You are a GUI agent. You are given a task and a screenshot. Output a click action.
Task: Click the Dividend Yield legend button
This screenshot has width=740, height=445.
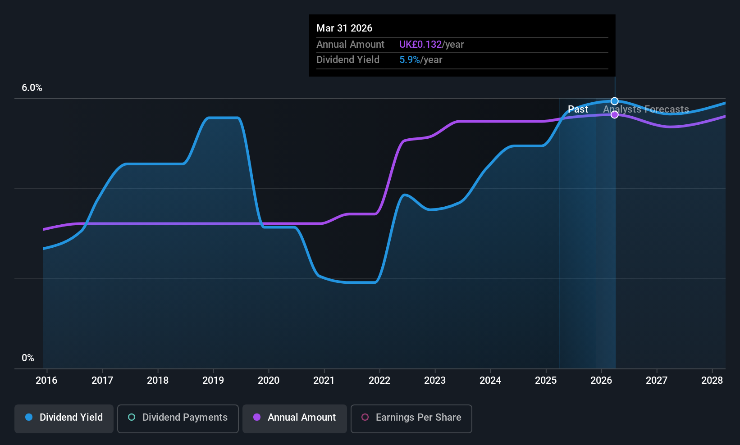pos(64,418)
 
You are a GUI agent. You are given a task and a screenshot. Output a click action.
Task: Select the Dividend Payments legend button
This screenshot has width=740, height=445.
pos(178,418)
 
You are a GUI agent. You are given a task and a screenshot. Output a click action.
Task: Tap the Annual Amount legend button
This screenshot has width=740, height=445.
pos(295,418)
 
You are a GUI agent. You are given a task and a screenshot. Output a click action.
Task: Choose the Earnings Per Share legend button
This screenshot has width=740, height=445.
pos(411,418)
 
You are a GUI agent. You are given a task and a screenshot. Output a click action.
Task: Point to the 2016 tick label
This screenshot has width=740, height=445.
pos(46,381)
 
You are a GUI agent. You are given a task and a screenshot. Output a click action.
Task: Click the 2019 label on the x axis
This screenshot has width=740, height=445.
pos(213,381)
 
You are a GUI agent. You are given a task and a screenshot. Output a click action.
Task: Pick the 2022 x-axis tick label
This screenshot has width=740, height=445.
pos(379,381)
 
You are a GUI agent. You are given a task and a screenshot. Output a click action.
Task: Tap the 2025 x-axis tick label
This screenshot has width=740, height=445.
pos(546,381)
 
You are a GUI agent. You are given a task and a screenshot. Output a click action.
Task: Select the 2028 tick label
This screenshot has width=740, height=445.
pos(712,381)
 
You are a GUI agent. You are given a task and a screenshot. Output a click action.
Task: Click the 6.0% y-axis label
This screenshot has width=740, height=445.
pos(32,88)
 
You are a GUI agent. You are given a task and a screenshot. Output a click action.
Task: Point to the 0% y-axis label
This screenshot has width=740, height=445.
pos(28,358)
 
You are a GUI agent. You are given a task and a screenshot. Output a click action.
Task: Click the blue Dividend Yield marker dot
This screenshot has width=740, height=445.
pos(615,101)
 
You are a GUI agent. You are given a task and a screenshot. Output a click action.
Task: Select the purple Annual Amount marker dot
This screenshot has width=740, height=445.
pos(615,115)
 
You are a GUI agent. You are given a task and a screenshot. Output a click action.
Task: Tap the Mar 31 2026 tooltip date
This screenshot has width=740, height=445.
pos(344,28)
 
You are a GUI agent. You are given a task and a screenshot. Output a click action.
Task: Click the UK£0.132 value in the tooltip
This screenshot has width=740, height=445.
pos(420,45)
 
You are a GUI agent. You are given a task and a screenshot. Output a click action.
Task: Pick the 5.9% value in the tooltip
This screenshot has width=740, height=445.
pos(410,60)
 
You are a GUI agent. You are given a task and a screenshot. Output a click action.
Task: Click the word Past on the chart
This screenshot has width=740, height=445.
pos(578,109)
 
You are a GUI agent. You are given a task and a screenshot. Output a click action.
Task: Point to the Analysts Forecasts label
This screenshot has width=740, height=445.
pos(646,109)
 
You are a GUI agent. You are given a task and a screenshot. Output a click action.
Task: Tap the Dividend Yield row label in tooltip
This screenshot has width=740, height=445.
pos(348,60)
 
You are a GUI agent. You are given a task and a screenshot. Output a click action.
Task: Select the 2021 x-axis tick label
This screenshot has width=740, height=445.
pos(324,381)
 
